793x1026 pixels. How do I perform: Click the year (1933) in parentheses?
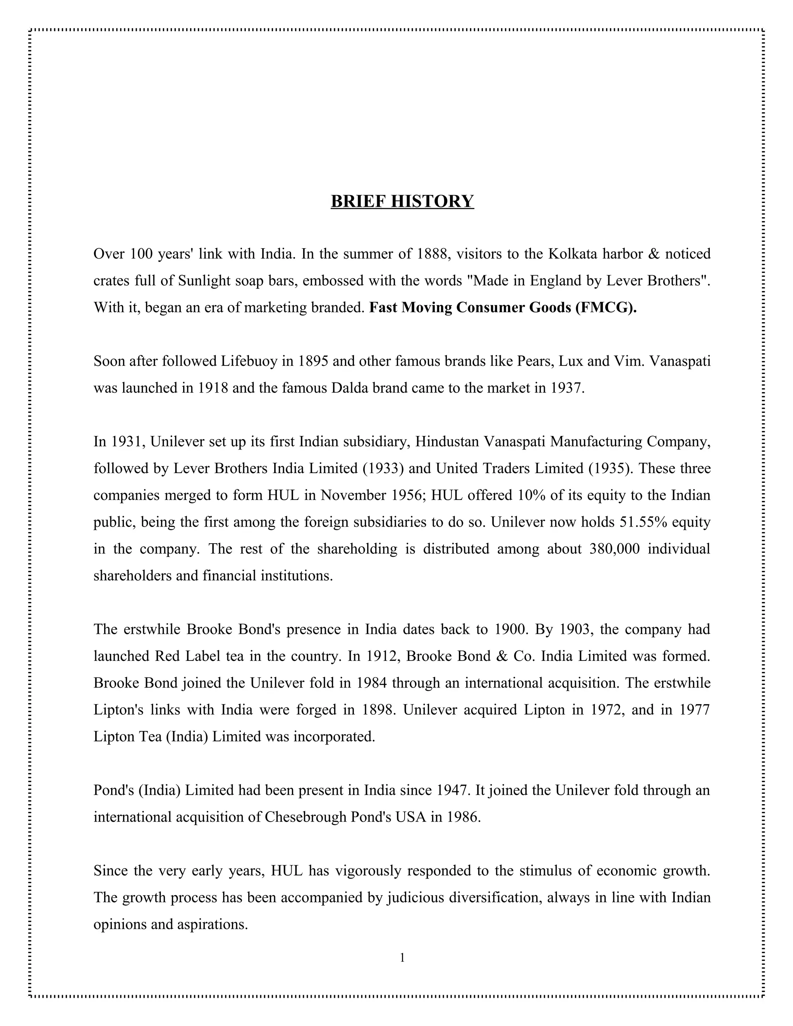(383, 468)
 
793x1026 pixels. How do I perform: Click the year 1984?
(372, 683)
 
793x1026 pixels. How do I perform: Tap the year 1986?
(463, 817)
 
